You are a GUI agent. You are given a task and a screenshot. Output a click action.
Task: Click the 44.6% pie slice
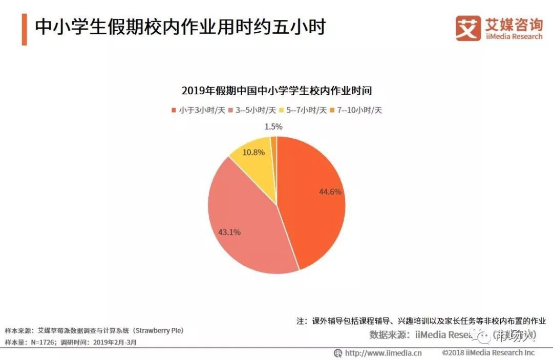click(x=312, y=205)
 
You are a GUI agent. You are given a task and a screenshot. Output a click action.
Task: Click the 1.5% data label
click(x=274, y=126)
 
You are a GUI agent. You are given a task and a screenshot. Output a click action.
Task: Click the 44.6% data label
click(x=330, y=192)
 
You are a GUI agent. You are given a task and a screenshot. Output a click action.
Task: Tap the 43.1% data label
click(x=229, y=232)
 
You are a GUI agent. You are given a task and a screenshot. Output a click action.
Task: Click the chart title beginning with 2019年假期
click(x=276, y=91)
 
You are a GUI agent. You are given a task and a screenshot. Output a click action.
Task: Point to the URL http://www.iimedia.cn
click(x=383, y=353)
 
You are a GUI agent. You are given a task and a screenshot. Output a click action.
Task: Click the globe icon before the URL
click(x=338, y=353)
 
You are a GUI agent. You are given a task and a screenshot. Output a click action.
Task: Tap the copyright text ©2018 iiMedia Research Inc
click(x=488, y=353)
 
